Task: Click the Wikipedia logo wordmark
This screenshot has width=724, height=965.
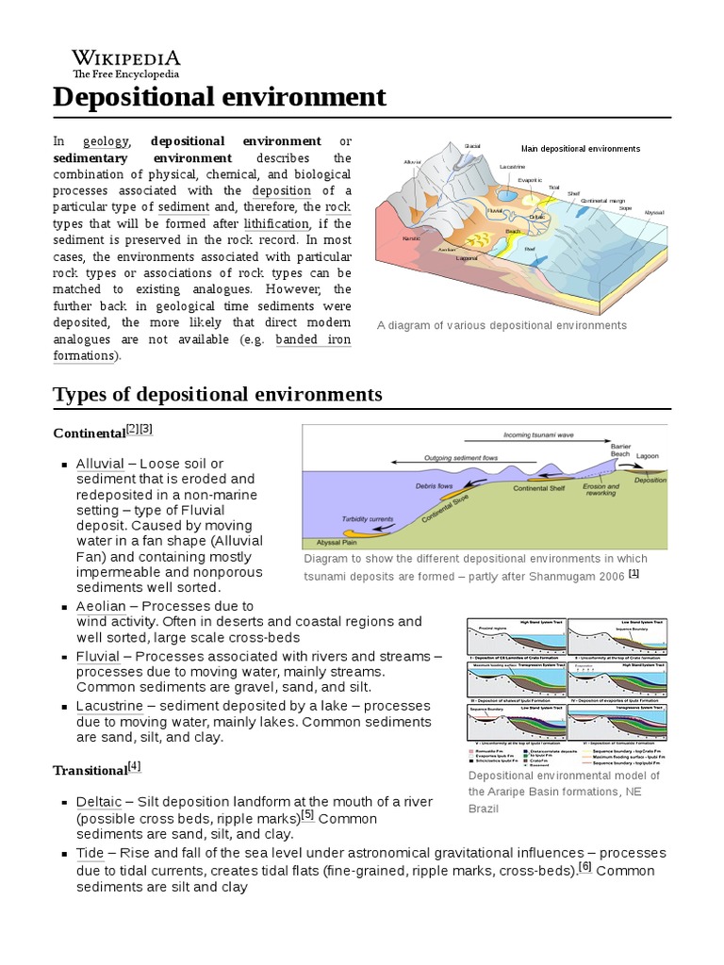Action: click(x=126, y=57)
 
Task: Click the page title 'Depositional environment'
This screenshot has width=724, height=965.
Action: click(x=220, y=96)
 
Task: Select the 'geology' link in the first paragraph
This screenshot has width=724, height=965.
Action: click(x=106, y=141)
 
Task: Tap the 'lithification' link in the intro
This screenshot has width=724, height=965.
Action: click(x=276, y=223)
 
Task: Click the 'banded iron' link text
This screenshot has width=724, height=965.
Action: click(x=313, y=339)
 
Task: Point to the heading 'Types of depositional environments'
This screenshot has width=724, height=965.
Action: click(x=218, y=394)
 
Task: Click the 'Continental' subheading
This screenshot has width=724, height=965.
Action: click(x=90, y=433)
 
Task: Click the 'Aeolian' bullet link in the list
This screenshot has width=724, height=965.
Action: click(x=100, y=606)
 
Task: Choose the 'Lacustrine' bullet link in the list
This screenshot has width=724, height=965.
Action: click(x=109, y=705)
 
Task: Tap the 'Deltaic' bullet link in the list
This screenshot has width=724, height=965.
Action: click(x=99, y=801)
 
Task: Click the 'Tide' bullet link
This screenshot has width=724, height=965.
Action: click(x=90, y=853)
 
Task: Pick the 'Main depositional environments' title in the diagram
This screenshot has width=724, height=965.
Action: click(x=580, y=149)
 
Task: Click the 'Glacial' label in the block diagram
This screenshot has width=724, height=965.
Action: click(x=472, y=146)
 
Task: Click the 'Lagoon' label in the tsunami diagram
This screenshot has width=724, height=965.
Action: click(x=648, y=455)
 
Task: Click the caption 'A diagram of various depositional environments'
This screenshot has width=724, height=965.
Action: click(x=502, y=325)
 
